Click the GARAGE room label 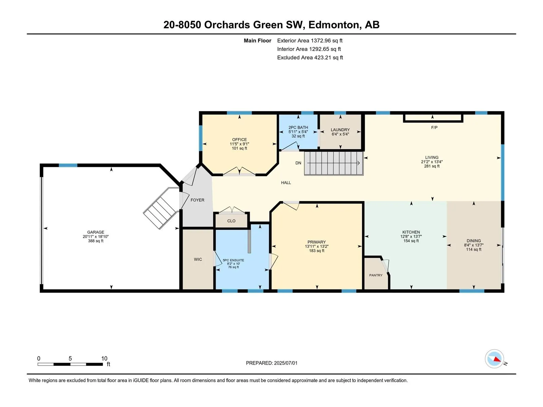[x=95, y=232]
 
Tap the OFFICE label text [x=239, y=140]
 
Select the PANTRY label [x=376, y=275]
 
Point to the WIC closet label [x=198, y=259]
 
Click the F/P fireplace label [x=434, y=128]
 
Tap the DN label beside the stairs [x=298, y=163]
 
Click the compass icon [x=494, y=359]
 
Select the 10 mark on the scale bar [x=105, y=358]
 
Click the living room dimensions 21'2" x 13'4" [x=432, y=162]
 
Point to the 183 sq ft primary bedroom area [x=317, y=251]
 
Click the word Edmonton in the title [x=334, y=25]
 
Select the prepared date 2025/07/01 [x=286, y=363]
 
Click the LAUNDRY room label [x=340, y=130]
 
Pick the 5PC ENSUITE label [x=233, y=260]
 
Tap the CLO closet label [x=231, y=221]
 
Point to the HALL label [x=286, y=182]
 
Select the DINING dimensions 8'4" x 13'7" [x=474, y=245]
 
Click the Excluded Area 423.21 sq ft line [x=310, y=58]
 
